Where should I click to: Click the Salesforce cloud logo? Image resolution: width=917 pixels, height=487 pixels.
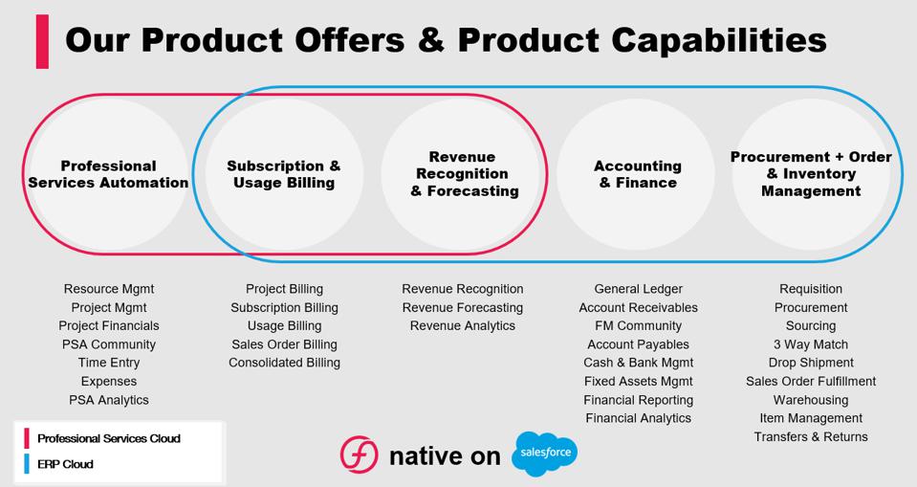click(x=544, y=454)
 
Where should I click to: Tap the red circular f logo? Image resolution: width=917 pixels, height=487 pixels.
click(x=360, y=454)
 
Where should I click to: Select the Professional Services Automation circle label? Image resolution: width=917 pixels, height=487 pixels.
click(x=108, y=174)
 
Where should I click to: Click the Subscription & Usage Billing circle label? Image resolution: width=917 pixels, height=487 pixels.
click(x=284, y=174)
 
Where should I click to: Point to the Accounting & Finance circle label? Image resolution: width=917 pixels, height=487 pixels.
click(x=638, y=174)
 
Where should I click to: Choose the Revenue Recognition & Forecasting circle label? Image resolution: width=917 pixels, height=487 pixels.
click(x=463, y=174)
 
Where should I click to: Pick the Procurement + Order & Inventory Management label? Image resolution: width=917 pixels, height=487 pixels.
click(x=811, y=174)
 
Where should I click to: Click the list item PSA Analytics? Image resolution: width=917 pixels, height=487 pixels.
click(x=109, y=400)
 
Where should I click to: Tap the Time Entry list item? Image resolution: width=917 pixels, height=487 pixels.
click(x=109, y=363)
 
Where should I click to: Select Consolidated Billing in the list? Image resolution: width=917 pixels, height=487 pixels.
click(x=284, y=363)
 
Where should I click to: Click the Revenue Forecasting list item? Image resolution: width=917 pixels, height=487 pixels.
click(x=463, y=308)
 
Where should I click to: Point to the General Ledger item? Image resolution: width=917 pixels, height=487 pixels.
click(x=638, y=289)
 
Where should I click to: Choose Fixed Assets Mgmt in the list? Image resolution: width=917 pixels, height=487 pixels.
click(x=638, y=382)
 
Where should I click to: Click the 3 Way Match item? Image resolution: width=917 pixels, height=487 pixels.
click(x=811, y=344)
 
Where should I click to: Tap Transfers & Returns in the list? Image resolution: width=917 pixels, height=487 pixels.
click(x=811, y=437)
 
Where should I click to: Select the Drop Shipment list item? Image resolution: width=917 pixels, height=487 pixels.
click(x=811, y=363)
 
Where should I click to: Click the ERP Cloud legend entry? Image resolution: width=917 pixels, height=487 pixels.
click(x=58, y=464)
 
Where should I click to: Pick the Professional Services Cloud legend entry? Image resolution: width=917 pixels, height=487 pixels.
click(x=102, y=438)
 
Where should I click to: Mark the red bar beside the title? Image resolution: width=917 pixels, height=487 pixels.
click(x=42, y=41)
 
